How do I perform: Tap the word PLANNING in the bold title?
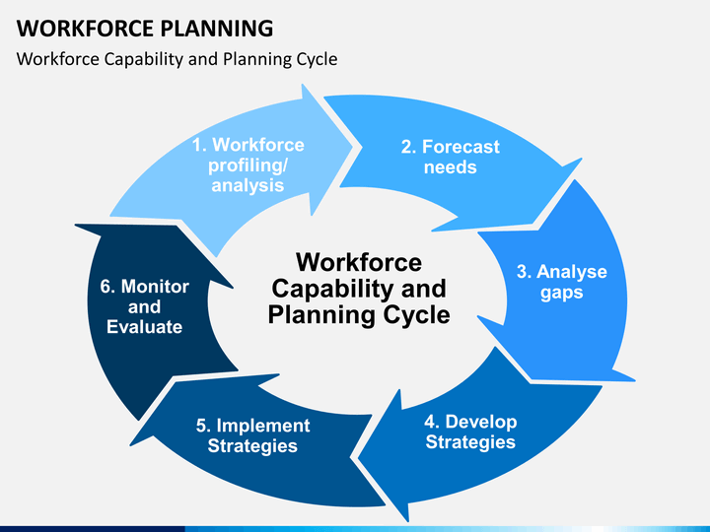[217, 29]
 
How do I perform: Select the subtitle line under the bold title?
[177, 59]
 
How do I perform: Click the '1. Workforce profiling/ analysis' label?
[248, 166]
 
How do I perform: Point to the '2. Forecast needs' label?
[451, 157]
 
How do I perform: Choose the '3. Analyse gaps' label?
[562, 282]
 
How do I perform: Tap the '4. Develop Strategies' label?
[471, 432]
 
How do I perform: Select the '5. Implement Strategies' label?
[253, 435]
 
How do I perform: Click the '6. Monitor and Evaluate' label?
[144, 306]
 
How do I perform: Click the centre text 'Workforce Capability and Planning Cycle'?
[359, 289]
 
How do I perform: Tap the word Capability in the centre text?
[333, 290]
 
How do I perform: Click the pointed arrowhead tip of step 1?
[352, 146]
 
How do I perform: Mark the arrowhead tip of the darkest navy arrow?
[76, 225]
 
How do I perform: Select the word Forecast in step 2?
[461, 147]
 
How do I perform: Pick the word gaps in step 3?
[561, 294]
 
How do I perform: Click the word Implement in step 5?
[263, 426]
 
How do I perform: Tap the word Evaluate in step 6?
[144, 327]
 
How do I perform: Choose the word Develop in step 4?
[481, 422]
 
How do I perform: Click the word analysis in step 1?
[248, 185]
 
